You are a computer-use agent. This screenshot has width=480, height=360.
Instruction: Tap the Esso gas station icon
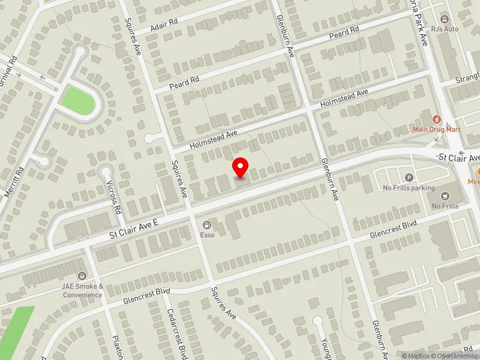click(207, 224)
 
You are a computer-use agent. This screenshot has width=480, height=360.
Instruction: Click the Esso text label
click(207, 235)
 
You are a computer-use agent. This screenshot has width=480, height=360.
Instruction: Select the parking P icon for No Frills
click(410, 177)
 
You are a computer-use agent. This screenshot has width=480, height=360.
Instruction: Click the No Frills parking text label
click(409, 188)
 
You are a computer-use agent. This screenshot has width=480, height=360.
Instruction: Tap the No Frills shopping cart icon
click(445, 195)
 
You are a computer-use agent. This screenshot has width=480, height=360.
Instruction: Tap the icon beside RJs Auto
click(445, 18)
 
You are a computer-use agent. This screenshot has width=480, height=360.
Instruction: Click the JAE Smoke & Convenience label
click(82, 290)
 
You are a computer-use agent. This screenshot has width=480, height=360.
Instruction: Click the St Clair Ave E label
click(133, 229)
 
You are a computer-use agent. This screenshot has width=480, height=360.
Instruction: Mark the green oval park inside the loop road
click(78, 100)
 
